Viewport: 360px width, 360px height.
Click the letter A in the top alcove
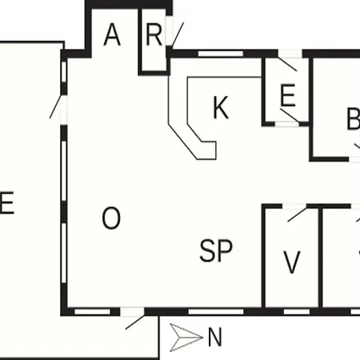[112, 34]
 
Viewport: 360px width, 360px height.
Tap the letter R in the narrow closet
[154, 34]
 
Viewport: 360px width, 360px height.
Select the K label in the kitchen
[221, 107]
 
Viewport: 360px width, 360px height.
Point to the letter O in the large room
[111, 218]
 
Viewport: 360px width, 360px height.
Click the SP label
[216, 250]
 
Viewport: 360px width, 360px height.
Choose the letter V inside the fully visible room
[291, 262]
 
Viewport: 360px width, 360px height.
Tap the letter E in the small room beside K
[288, 95]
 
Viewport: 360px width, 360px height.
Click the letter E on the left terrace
[6, 202]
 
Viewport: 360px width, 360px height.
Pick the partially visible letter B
[354, 118]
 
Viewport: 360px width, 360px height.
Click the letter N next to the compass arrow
[214, 338]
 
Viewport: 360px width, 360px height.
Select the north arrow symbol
[186, 338]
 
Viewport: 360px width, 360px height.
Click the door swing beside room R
[178, 35]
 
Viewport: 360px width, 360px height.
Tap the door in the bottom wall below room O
[135, 322]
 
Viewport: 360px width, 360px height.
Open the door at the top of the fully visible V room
[297, 214]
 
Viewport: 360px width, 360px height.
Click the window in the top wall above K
[221, 54]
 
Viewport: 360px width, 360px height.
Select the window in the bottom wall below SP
[216, 311]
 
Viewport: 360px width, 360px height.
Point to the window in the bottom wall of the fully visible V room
[297, 311]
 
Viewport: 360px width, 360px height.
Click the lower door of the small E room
[290, 115]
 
